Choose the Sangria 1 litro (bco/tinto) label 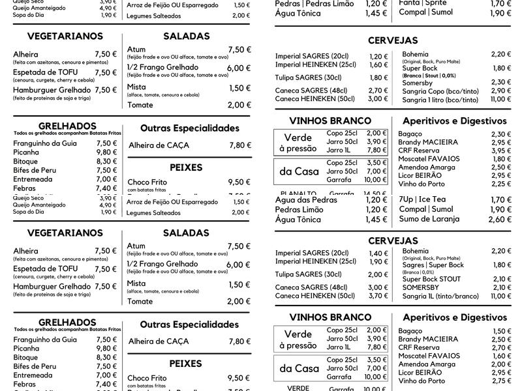coord(440,100)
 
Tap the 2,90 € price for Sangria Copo coord(500,91)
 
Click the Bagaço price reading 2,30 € coord(500,134)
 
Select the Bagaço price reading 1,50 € coord(500,331)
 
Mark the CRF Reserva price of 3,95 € coord(500,151)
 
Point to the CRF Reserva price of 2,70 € coord(500,347)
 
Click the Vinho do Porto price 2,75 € coord(500,381)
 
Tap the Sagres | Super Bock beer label coord(432,265)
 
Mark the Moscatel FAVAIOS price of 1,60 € coord(500,356)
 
